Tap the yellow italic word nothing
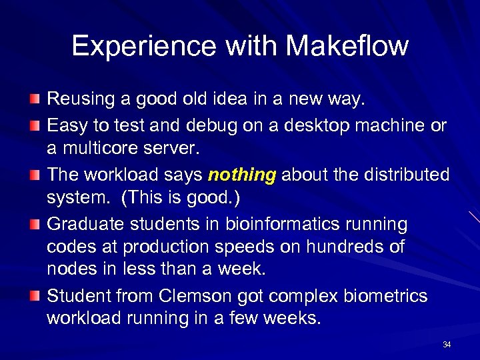(242, 175)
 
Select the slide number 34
(447, 345)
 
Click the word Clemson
(191, 295)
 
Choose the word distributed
(406, 175)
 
